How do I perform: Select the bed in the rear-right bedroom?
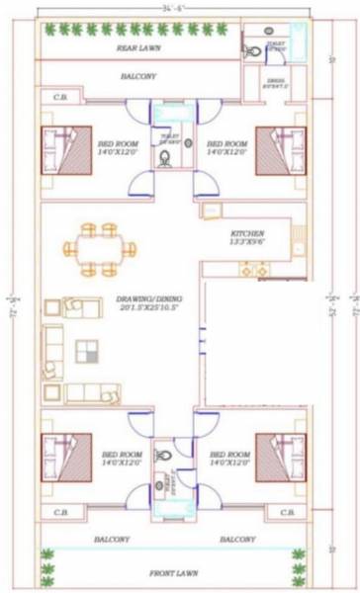tap(284, 149)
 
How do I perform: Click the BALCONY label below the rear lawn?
tap(138, 75)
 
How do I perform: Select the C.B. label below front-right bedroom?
tap(288, 513)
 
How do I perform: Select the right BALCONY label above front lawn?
tap(237, 540)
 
